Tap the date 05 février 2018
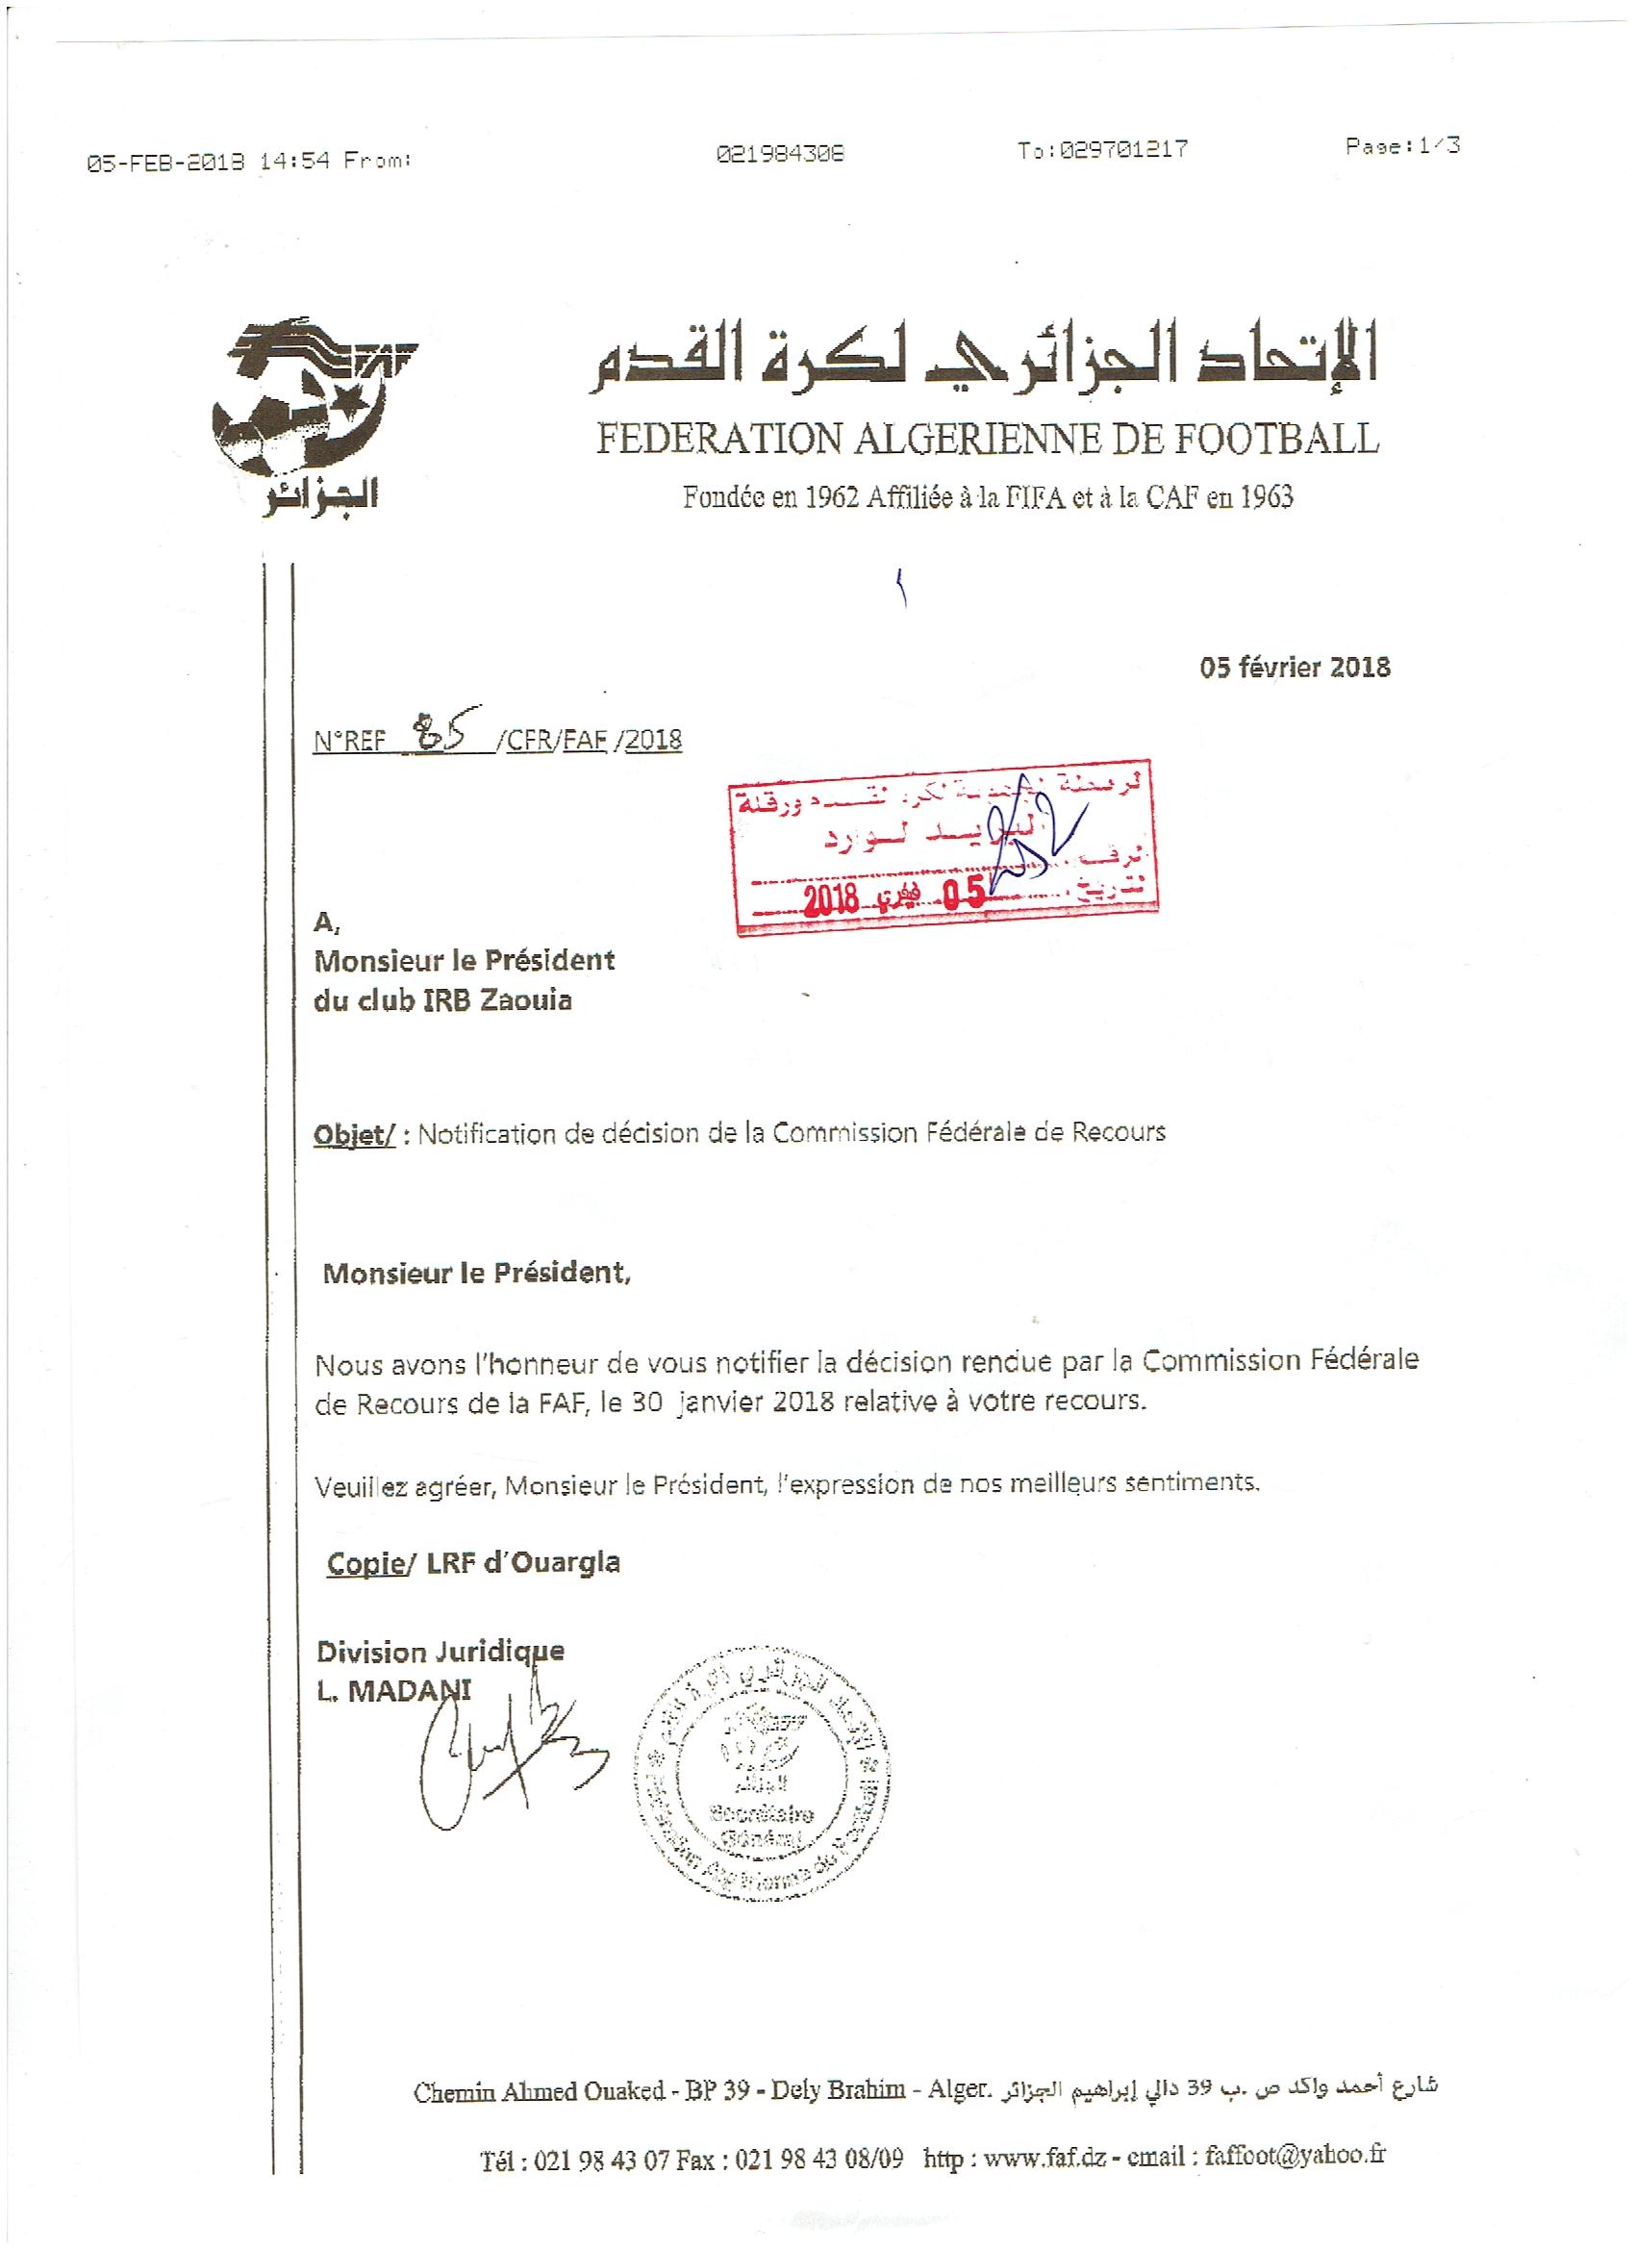pyautogui.click(x=1294, y=667)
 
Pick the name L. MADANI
pyautogui.click(x=393, y=1693)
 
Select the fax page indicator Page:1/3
pyautogui.click(x=1402, y=147)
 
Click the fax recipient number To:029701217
pyautogui.click(x=1101, y=151)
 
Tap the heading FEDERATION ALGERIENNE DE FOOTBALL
pyautogui.click(x=986, y=439)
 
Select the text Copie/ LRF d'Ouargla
pyautogui.click(x=473, y=1562)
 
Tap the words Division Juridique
pyautogui.click(x=440, y=1653)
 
